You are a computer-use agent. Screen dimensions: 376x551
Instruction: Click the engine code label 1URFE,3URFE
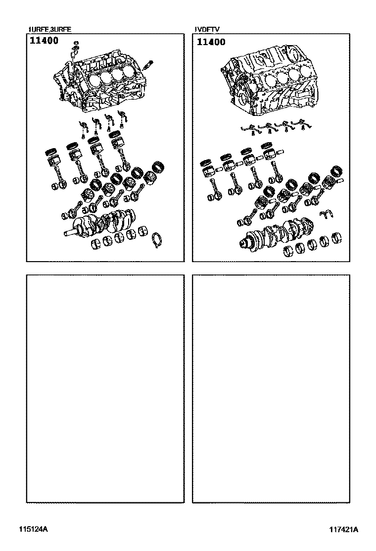pos(50,30)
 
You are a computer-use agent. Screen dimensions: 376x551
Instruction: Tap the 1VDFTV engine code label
pos(208,30)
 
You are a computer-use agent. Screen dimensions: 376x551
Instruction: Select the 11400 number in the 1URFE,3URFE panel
pos(44,41)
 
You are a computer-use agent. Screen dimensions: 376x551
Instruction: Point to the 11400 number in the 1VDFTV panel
pos(211,42)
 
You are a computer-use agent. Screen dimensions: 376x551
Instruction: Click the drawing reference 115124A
pos(33,529)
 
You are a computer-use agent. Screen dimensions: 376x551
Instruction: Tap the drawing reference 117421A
pos(344,530)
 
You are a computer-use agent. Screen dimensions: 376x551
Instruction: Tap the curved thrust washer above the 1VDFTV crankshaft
pos(327,214)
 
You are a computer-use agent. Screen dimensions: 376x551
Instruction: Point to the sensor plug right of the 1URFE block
pos(148,64)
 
